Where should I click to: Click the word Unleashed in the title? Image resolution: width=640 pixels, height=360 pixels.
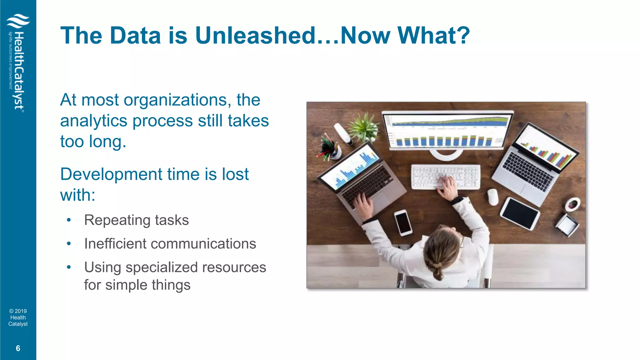point(256,35)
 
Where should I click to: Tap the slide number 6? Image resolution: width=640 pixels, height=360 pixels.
point(18,348)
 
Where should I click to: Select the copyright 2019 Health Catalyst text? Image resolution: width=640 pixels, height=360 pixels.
point(18,317)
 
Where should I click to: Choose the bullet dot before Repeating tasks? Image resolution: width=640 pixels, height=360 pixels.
point(69,220)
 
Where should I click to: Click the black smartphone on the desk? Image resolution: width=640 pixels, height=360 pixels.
point(403,222)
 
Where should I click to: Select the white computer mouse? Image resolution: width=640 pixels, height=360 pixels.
point(493,197)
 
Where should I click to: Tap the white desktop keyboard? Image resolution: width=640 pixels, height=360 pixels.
point(445,177)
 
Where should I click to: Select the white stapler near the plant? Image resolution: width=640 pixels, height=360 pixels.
point(343,134)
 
